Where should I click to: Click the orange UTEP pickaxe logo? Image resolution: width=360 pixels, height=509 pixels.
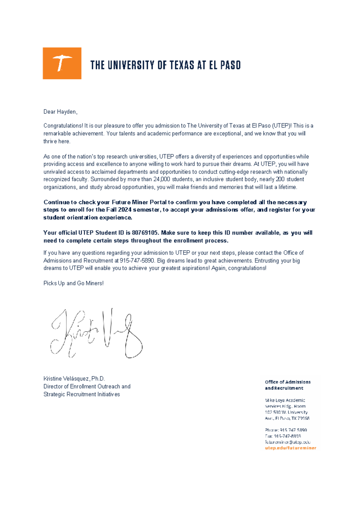62,63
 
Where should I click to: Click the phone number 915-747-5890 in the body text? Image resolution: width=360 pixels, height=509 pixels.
137,261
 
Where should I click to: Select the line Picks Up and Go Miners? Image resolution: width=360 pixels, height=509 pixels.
73,283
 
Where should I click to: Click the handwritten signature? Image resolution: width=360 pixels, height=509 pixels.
96,333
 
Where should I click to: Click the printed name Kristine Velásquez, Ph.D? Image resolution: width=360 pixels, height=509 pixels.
74,379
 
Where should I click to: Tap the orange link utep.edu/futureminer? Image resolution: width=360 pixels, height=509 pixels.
290,448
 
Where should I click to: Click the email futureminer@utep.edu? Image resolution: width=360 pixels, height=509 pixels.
287,442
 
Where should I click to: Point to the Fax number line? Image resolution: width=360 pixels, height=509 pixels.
283,436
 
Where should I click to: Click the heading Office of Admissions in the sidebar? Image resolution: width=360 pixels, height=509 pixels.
287,382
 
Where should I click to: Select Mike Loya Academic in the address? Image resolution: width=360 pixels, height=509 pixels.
285,400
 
